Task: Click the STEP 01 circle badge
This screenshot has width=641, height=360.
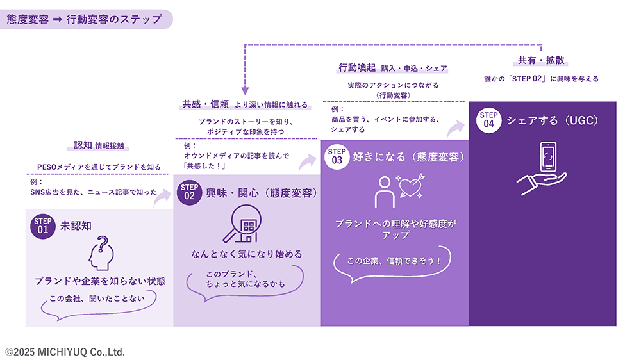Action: (43, 226)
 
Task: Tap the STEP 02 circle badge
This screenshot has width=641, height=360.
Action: (189, 192)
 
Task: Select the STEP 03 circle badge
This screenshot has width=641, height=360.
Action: (337, 156)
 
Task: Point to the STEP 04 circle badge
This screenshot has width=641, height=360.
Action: (489, 120)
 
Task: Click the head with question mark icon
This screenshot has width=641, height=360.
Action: (101, 254)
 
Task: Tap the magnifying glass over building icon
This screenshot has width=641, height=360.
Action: (243, 224)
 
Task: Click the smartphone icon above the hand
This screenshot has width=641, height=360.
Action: (548, 156)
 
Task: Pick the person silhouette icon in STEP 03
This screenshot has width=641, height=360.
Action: (385, 192)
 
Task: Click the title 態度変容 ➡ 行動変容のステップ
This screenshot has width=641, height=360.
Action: (85, 19)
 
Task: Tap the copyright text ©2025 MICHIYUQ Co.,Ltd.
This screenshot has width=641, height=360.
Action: (65, 352)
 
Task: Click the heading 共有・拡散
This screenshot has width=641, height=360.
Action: (541, 60)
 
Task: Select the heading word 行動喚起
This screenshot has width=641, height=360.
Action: (357, 68)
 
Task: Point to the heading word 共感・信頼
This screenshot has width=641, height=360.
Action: (205, 104)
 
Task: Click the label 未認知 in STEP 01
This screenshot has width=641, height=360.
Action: (76, 226)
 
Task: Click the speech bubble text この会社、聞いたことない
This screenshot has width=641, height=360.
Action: (97, 299)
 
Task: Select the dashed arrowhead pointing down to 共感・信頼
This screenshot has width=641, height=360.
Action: (245, 90)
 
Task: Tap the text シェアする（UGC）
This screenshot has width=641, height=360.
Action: (553, 120)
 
